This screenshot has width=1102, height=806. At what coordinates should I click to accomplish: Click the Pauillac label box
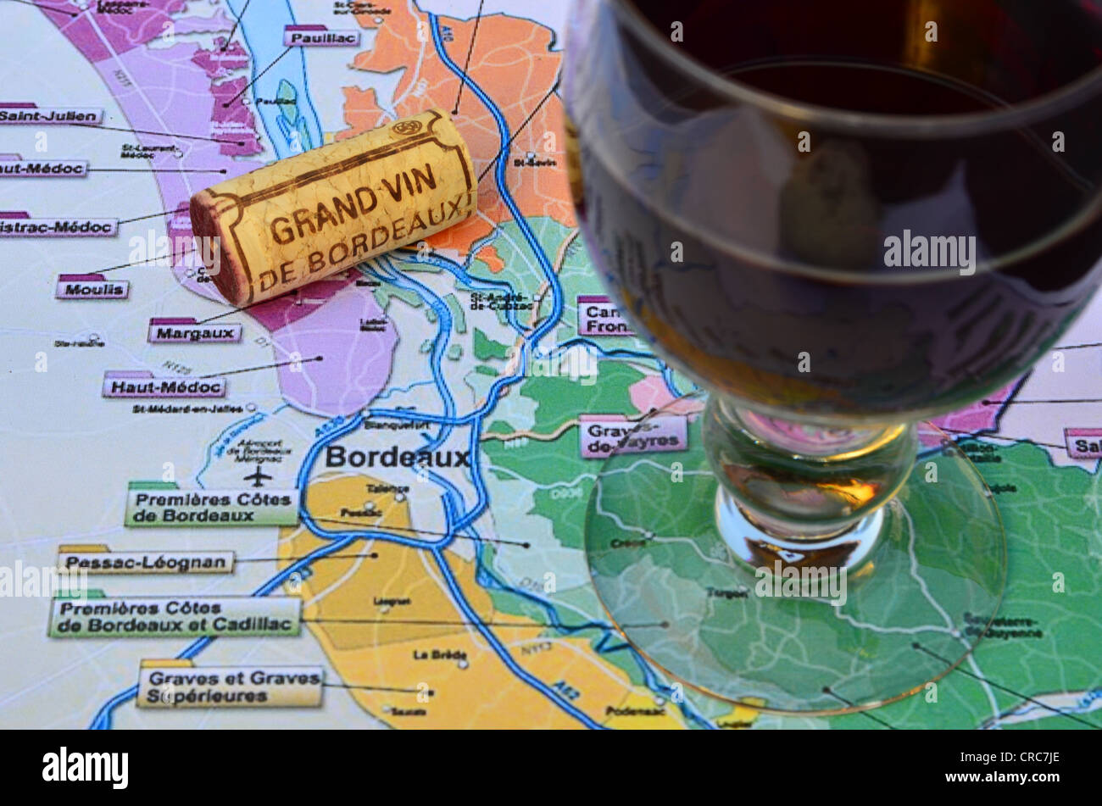pos(321,37)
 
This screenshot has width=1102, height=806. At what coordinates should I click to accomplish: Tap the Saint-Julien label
pos(51,116)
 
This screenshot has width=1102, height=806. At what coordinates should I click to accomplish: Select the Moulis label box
pos(92,289)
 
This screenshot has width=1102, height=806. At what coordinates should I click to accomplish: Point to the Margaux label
pos(195,332)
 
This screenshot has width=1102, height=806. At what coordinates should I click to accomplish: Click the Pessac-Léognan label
pos(147,562)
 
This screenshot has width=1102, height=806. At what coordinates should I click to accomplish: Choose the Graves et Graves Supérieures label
pos(230,686)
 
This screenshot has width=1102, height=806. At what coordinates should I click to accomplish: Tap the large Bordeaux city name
pos(397,458)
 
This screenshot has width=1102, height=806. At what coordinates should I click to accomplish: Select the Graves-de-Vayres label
pos(633,436)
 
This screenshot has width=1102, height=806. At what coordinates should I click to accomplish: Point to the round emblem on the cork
pos(407,129)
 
